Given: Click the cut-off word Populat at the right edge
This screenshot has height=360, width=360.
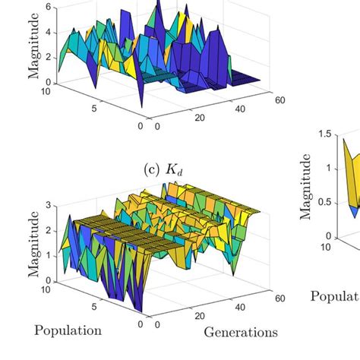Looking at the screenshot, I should pyautogui.click(x=335, y=296).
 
